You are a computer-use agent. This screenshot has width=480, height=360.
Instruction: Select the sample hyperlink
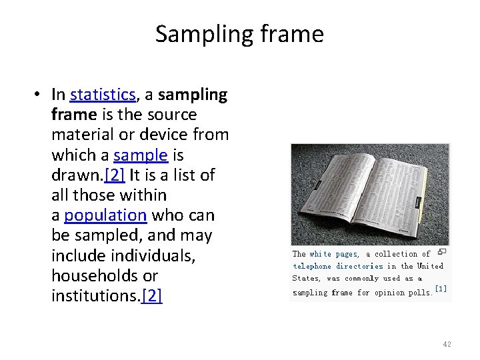point(140,155)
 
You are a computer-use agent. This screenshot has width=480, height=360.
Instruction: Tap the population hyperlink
point(105,215)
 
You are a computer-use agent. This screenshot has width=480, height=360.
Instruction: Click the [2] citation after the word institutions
point(152,295)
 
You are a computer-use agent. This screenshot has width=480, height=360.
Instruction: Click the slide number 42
point(447,344)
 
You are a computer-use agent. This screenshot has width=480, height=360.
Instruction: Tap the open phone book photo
point(369,193)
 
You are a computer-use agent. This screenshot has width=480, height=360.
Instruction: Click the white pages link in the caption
point(333,254)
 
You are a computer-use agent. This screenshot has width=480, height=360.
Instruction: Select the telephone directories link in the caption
point(339,266)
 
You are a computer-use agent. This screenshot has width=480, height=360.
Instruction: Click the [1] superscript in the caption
point(440,289)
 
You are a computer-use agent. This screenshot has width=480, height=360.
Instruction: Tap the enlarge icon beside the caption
point(441,252)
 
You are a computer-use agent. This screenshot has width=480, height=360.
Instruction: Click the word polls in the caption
point(419,293)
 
